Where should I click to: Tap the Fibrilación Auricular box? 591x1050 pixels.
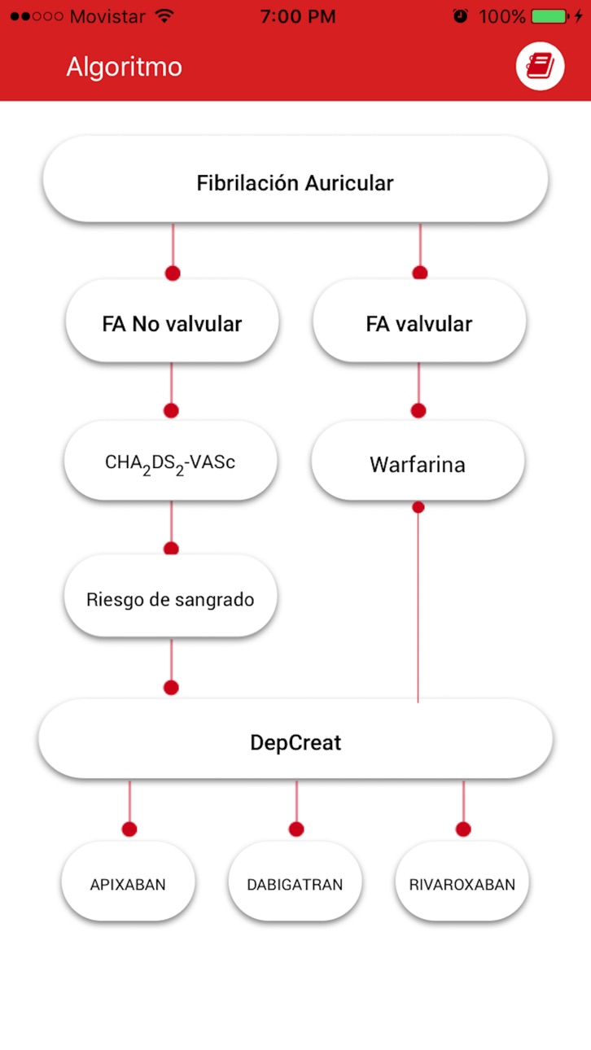point(295,180)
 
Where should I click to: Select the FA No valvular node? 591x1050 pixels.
point(172,321)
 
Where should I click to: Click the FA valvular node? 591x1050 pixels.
point(419,321)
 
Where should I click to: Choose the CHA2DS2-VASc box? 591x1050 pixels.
point(171,461)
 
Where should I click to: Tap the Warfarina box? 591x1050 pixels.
point(418,461)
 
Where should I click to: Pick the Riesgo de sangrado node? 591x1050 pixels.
point(171,597)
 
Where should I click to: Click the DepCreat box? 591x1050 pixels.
point(295,740)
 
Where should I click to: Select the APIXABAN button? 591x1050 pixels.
point(128,882)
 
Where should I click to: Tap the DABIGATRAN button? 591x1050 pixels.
point(295,882)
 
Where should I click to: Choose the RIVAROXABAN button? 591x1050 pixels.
point(462,882)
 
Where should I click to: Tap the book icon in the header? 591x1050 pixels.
point(540,66)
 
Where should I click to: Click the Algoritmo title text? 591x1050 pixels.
point(125,67)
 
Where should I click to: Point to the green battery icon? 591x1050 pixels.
point(549,17)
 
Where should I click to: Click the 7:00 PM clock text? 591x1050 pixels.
point(298,17)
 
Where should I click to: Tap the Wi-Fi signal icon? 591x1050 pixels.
point(164,16)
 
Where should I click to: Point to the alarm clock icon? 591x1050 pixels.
point(460,16)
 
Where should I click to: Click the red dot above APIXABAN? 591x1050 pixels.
point(129,829)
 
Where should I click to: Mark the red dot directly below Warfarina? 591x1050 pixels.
point(418,507)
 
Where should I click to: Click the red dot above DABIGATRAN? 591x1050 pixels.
point(296,829)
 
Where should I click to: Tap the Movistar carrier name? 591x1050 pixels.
point(107,17)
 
